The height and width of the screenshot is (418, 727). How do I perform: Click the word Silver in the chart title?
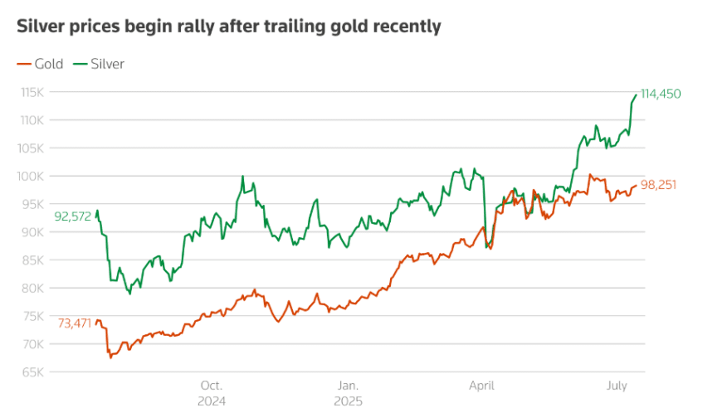(41, 27)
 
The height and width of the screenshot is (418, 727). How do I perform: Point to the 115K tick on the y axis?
(32, 92)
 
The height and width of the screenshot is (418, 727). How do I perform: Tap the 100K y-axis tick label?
(32, 176)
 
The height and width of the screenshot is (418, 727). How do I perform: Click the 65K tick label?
(32, 372)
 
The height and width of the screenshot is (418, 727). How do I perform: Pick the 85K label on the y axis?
(32, 260)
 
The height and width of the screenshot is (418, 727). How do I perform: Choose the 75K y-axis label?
(32, 316)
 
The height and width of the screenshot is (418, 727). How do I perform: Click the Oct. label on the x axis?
(212, 386)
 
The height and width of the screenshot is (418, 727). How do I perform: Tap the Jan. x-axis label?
(348, 386)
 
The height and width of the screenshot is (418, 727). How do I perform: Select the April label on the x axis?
(482, 386)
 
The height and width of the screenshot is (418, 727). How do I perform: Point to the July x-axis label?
(617, 386)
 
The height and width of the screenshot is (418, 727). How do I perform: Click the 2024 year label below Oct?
(212, 401)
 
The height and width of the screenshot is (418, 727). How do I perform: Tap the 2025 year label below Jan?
(348, 401)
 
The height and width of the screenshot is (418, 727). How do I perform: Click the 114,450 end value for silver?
(661, 95)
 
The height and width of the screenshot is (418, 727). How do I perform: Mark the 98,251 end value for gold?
(658, 185)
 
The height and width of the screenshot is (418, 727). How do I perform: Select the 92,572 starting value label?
(72, 217)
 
